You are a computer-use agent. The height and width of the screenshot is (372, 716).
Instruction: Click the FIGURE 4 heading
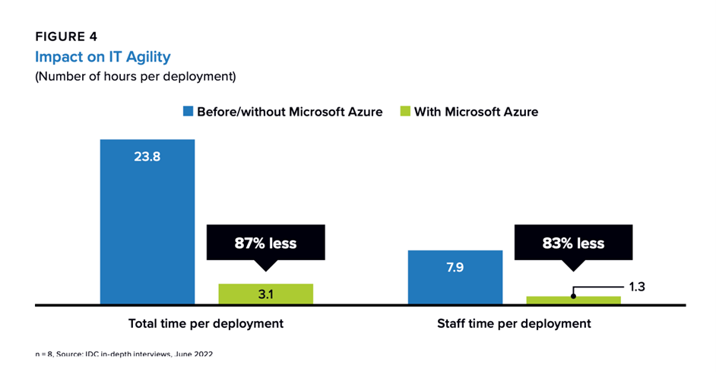67,36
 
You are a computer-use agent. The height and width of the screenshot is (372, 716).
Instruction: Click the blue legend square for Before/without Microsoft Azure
189,111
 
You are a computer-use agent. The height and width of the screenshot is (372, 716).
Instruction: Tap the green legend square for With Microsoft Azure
406,111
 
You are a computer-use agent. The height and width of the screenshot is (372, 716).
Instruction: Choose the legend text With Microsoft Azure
476,111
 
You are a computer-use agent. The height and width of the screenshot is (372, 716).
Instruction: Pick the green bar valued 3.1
265,294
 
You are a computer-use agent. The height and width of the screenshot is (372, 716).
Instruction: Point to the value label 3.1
265,293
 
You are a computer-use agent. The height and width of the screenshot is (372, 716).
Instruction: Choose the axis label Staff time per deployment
514,323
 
